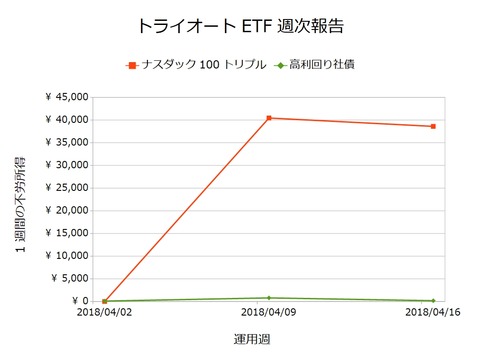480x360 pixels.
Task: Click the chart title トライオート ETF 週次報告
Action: (x=240, y=24)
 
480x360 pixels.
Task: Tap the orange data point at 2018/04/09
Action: (x=269, y=118)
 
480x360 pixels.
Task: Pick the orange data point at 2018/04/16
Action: (x=433, y=127)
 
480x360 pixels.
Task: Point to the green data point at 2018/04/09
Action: (x=269, y=298)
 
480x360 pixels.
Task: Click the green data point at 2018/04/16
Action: (x=433, y=300)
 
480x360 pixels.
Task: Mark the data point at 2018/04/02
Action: (x=105, y=300)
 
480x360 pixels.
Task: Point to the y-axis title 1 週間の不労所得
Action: (x=21, y=199)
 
